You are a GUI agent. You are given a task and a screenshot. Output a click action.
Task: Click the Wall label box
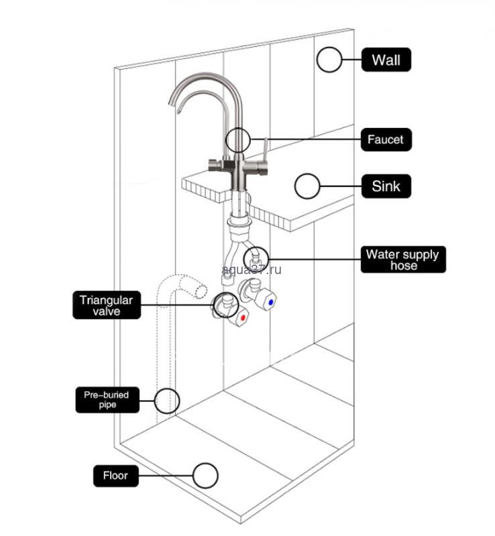(x=386, y=60)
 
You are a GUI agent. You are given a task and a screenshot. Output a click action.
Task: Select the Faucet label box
(x=385, y=140)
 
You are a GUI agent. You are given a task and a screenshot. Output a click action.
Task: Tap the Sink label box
(x=386, y=186)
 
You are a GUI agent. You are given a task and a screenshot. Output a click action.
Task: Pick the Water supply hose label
(x=402, y=259)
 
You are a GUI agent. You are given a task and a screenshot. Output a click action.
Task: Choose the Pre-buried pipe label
(x=106, y=400)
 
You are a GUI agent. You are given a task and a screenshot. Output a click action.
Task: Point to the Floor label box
(x=115, y=476)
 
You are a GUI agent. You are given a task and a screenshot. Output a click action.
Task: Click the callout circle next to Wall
(x=329, y=60)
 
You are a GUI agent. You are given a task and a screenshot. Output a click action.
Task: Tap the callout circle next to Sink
(x=307, y=186)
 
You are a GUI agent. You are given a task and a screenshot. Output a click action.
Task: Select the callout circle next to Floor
(x=205, y=476)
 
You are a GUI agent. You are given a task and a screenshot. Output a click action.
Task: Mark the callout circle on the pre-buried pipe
(x=167, y=401)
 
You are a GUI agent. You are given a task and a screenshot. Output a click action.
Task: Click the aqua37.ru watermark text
(x=251, y=269)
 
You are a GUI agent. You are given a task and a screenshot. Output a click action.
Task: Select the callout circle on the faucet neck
(x=237, y=140)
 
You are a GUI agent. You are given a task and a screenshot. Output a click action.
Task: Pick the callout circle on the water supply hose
(x=256, y=257)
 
